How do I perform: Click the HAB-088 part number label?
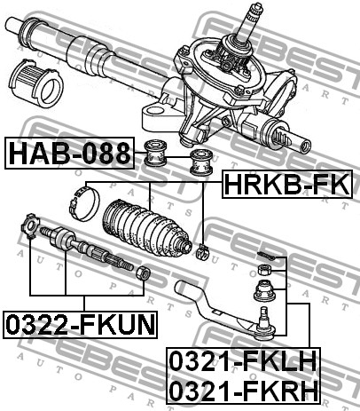point(69,153)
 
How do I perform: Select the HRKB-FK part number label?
point(287,184)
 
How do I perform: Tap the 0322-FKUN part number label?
point(80,324)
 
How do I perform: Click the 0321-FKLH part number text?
point(243,360)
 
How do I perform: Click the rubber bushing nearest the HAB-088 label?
point(155,154)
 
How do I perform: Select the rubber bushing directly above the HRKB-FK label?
point(201,162)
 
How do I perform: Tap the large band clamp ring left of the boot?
point(84,203)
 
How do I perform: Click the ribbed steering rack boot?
point(147,228)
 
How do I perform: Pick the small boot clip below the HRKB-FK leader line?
point(202,251)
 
